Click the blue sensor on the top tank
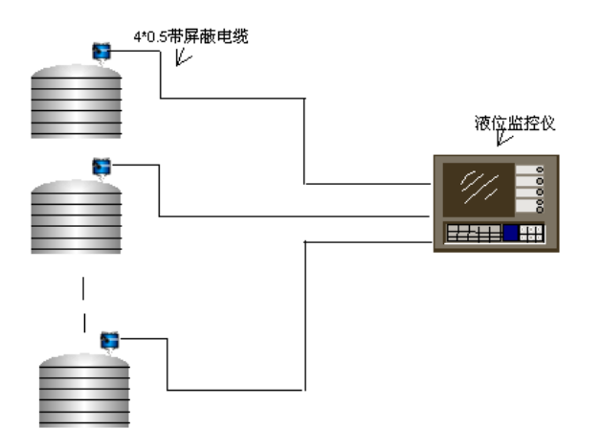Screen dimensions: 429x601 pyautogui.click(x=100, y=52)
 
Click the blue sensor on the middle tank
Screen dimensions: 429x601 pyautogui.click(x=100, y=167)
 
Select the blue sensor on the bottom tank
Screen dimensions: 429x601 pyautogui.click(x=109, y=339)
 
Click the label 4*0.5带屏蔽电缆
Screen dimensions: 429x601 pyautogui.click(x=190, y=36)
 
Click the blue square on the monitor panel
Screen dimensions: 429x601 pyautogui.click(x=511, y=233)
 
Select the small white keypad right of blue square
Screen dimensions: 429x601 pyautogui.click(x=532, y=233)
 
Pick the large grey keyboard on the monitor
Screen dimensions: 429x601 pyautogui.click(x=474, y=233)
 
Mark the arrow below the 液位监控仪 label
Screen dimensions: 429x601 pyautogui.click(x=503, y=141)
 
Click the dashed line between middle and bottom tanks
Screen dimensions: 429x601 pyautogui.click(x=84, y=305)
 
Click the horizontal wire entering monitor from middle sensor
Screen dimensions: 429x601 pyautogui.click(x=287, y=216)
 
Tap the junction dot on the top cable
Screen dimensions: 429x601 pyautogui.click(x=304, y=98)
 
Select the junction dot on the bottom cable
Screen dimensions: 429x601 pyautogui.click(x=304, y=243)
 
